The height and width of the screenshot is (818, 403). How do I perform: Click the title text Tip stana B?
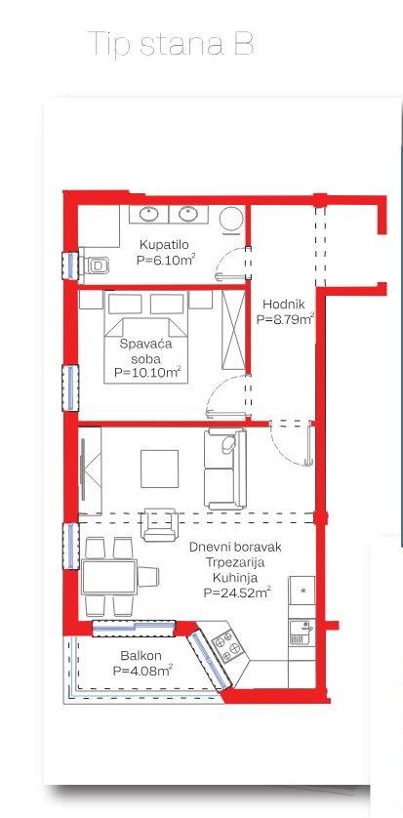[x=171, y=43]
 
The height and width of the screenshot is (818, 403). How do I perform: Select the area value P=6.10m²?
[x=166, y=260]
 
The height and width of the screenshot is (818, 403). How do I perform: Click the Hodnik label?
[x=284, y=304]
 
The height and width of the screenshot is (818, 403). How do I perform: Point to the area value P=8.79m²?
[x=285, y=319]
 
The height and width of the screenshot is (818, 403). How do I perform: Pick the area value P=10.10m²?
[x=147, y=373]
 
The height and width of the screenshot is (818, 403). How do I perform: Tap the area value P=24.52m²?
[x=237, y=593]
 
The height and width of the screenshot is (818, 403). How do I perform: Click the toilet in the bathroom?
[x=94, y=266]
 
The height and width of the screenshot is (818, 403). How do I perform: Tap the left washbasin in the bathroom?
[x=148, y=214]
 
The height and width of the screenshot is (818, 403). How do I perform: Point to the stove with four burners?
[x=227, y=644]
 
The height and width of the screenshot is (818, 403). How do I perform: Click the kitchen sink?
[x=302, y=633]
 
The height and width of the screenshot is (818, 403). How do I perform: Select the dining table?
[x=109, y=577]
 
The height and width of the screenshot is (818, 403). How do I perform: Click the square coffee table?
[x=159, y=469]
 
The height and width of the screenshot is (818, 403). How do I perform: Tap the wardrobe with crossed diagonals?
[x=233, y=329]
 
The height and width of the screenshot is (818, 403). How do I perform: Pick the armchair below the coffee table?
[x=159, y=524]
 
